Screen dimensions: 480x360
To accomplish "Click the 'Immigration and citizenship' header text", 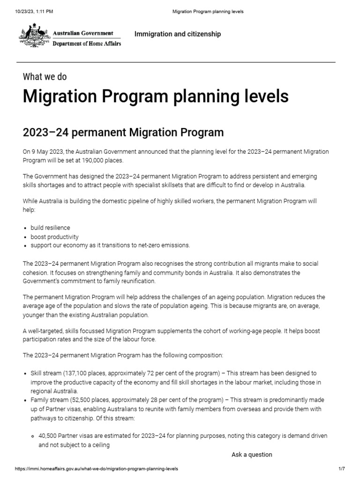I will [177, 34].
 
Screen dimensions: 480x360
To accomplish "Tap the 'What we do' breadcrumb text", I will [48, 77].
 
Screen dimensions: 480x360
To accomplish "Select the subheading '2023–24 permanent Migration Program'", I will [123, 133].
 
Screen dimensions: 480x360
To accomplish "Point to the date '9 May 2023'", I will [47, 152].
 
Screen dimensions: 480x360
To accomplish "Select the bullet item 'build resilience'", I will [50, 228].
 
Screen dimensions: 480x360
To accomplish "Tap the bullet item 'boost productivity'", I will [54, 237].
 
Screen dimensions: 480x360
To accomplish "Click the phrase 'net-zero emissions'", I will [165, 245].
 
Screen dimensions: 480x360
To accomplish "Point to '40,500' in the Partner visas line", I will [48, 436].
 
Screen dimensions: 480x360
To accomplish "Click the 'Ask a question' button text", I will [251, 454].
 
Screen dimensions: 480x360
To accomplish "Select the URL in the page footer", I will [97, 469].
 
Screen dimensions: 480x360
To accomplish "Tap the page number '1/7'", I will [341, 469].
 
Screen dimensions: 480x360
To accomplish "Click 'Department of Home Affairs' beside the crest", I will [86, 43].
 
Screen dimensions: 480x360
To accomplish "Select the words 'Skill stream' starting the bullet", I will [46, 374].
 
